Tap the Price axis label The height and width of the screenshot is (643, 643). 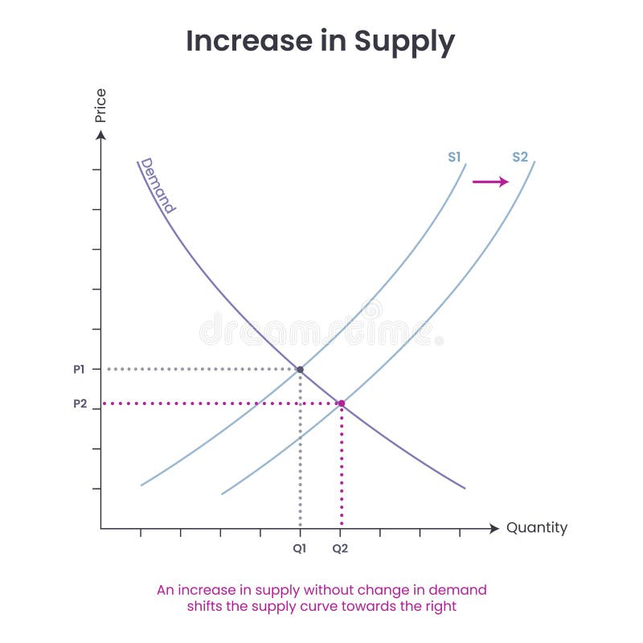pos(100,105)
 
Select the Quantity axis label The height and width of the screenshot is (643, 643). pos(536,528)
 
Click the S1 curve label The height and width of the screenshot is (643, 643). pos(455,157)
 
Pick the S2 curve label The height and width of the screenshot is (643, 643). pos(520,157)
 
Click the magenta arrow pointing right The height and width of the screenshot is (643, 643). pos(490,182)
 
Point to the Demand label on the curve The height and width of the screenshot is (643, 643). pos(158,185)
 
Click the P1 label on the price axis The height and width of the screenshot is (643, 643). pos(79,370)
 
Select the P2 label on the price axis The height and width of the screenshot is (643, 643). pos(79,403)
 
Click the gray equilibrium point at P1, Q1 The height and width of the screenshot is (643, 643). pos(300,370)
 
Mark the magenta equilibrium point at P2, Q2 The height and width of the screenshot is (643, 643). pos(341,403)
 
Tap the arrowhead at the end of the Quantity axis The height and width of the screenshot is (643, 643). pos(494,528)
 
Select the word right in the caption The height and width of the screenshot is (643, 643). pos(440,607)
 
